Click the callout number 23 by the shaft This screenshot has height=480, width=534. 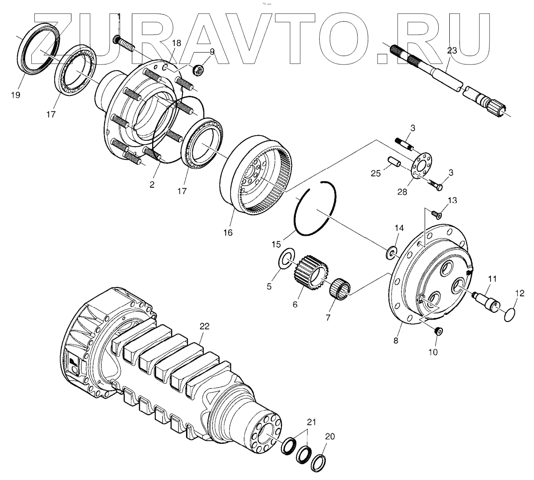[x=452, y=51]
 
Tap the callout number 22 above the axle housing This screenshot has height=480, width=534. [x=204, y=326]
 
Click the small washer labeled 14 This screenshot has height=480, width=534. [x=391, y=253]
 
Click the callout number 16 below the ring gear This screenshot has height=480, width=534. [x=228, y=233]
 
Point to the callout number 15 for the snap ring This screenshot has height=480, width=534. [x=276, y=244]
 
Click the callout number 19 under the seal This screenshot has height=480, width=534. [x=16, y=95]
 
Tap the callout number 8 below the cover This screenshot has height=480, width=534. [x=396, y=340]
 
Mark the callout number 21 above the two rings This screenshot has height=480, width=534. [x=312, y=422]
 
